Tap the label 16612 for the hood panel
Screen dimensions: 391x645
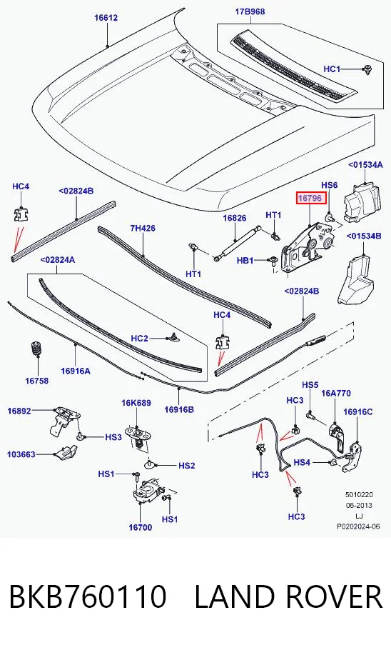pyautogui.click(x=106, y=18)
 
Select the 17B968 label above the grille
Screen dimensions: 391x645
pyautogui.click(x=250, y=11)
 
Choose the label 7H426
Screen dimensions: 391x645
pyautogui.click(x=143, y=228)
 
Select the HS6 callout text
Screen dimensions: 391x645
pyautogui.click(x=330, y=185)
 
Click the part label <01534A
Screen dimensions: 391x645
pyautogui.click(x=365, y=164)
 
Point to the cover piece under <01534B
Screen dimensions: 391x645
pyautogui.click(x=355, y=280)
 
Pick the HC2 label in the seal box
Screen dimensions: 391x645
pyautogui.click(x=139, y=339)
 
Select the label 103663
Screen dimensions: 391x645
pyautogui.click(x=21, y=454)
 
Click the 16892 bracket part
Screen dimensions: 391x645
pyautogui.click(x=64, y=420)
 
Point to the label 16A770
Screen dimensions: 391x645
pyautogui.click(x=336, y=394)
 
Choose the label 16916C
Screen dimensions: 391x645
pyautogui.click(x=358, y=411)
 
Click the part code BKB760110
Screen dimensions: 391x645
pyautogui.click(x=88, y=596)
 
